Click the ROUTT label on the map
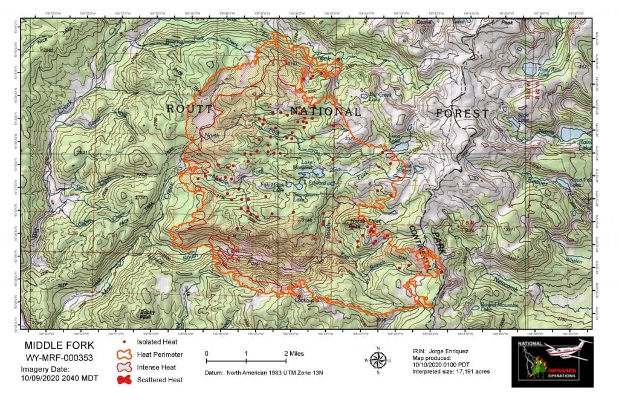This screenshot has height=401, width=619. coord(190,109)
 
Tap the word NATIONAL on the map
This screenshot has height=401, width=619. coord(325,112)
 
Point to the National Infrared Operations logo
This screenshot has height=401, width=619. coord(552,362)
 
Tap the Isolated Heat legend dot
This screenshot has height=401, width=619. coord(124,342)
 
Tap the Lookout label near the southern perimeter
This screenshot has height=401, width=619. coord(304,300)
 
